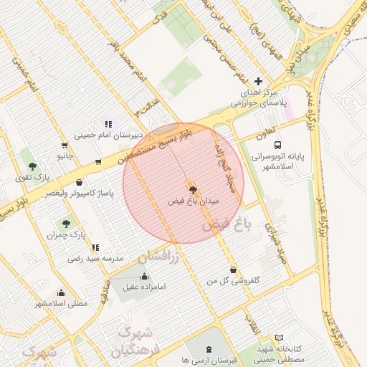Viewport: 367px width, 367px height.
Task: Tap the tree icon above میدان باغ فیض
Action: pyautogui.click(x=192, y=188)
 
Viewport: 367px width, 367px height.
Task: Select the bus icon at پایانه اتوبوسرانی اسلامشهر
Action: pyautogui.click(x=277, y=144)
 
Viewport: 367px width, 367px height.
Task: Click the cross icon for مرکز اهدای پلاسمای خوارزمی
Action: pyautogui.click(x=259, y=82)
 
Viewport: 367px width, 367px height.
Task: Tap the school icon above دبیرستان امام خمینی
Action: pyautogui.click(x=108, y=124)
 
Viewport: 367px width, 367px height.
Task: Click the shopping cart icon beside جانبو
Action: pyautogui.click(x=97, y=162)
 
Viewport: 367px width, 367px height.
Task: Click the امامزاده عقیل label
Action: pyautogui.click(x=145, y=287)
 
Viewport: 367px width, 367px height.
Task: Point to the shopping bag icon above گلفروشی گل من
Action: pyautogui.click(x=234, y=270)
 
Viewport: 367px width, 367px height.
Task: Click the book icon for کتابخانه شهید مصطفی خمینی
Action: pyautogui.click(x=279, y=338)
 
